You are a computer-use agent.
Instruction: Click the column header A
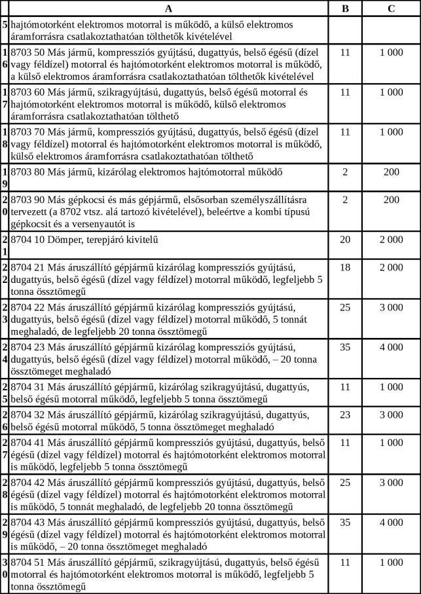169,8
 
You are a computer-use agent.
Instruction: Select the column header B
346,8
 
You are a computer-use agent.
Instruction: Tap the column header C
391,8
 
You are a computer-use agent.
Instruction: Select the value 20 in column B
346,239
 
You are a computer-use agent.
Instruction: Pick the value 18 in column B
346,267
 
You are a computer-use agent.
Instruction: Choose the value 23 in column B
346,415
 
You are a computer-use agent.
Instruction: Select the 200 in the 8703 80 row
391,173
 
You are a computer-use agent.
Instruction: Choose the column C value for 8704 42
391,483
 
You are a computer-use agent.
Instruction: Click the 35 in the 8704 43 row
346,523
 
